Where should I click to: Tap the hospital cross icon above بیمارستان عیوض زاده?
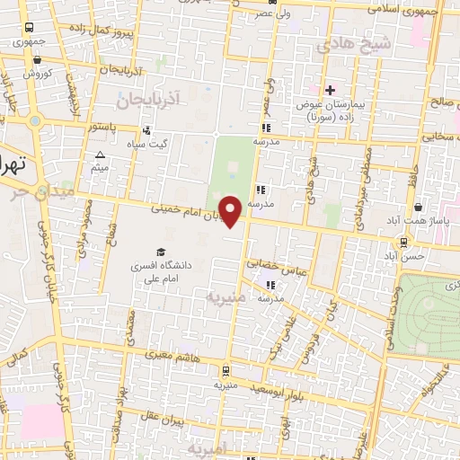330,90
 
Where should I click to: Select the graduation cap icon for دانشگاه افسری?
160,252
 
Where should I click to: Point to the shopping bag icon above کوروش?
36,60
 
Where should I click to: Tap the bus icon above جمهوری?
30,28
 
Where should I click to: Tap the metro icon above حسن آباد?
406,241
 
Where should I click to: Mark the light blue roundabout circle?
35,120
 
